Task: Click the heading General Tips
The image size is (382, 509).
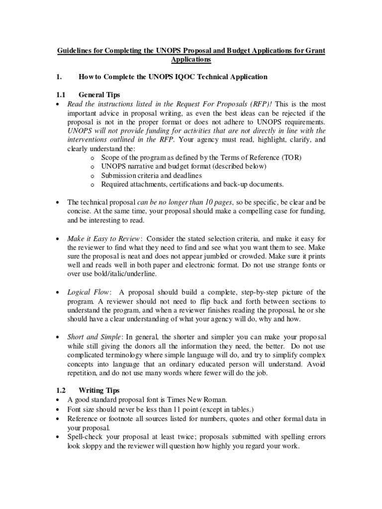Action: (99, 94)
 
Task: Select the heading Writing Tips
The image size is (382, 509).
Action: (99, 391)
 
